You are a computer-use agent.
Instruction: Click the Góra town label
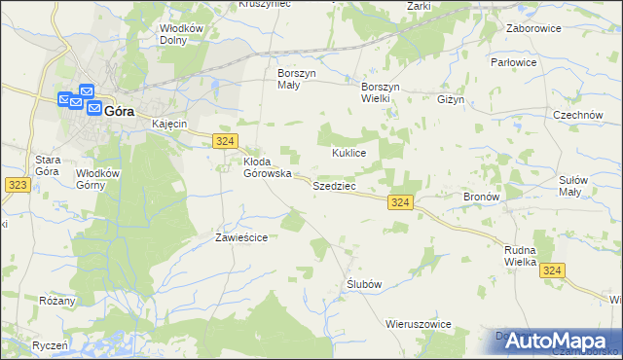coord(118,111)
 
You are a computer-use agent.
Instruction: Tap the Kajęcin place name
coord(168,125)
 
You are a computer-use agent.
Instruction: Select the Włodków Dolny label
coord(182,34)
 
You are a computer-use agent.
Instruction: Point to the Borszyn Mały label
coord(294,79)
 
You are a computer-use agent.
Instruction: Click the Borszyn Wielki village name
coord(382,79)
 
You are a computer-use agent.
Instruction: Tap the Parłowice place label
coord(541,62)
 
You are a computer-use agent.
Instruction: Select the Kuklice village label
coord(348,153)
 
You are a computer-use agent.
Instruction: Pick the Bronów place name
coord(481,197)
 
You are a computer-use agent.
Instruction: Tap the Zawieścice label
coord(241,236)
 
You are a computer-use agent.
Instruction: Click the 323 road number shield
coord(16,184)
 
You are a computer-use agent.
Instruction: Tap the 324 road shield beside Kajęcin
coord(223,141)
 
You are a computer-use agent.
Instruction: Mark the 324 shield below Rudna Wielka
coord(553,271)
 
